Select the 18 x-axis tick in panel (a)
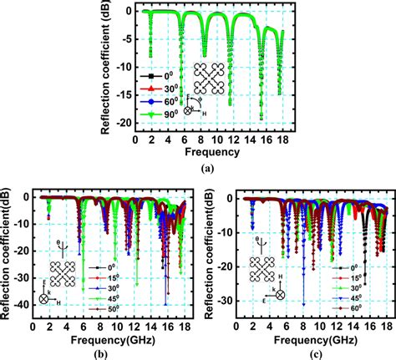(x=286, y=138)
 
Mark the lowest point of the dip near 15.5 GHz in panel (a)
(x=261, y=117)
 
